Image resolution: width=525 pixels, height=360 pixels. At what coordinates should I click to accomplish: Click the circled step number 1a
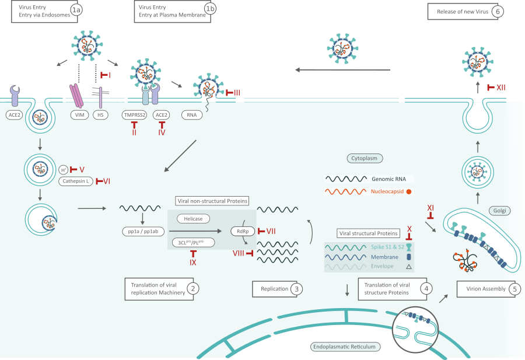(x=76, y=11)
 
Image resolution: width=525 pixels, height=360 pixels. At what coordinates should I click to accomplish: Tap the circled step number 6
(x=496, y=11)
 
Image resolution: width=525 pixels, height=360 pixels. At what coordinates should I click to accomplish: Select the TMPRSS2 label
(x=134, y=115)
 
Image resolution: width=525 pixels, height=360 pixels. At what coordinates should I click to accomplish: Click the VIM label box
(x=79, y=115)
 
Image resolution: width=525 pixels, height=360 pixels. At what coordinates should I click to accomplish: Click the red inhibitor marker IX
(x=192, y=257)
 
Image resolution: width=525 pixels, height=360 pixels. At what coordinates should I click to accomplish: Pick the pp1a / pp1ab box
(x=142, y=230)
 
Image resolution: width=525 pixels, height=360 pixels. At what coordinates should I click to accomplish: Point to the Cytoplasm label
(x=365, y=158)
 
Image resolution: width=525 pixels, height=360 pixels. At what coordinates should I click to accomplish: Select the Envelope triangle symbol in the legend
(x=409, y=266)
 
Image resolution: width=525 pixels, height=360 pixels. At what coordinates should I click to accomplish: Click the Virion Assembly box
(x=486, y=288)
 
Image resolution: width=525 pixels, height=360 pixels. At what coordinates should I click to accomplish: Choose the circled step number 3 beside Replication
(x=297, y=288)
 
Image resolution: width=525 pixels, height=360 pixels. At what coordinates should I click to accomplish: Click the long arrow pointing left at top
(x=342, y=70)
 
